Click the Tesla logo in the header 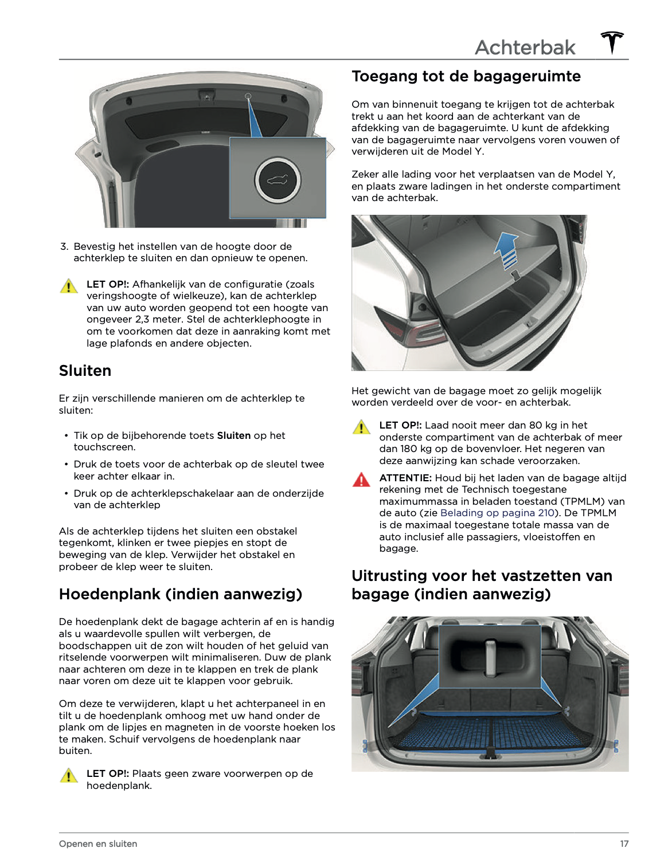[612, 43]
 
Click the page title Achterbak [525, 48]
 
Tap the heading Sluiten [85, 371]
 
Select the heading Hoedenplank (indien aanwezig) [180, 594]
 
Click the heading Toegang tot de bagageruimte [466, 76]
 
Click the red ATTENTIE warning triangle [361, 480]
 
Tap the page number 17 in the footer [624, 843]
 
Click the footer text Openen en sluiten [98, 843]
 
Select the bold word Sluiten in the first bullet [233, 435]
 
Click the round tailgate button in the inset [278, 180]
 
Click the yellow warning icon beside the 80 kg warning [361, 427]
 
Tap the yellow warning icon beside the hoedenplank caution [68, 776]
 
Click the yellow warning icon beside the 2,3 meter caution [68, 286]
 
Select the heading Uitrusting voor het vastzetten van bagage [482, 584]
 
